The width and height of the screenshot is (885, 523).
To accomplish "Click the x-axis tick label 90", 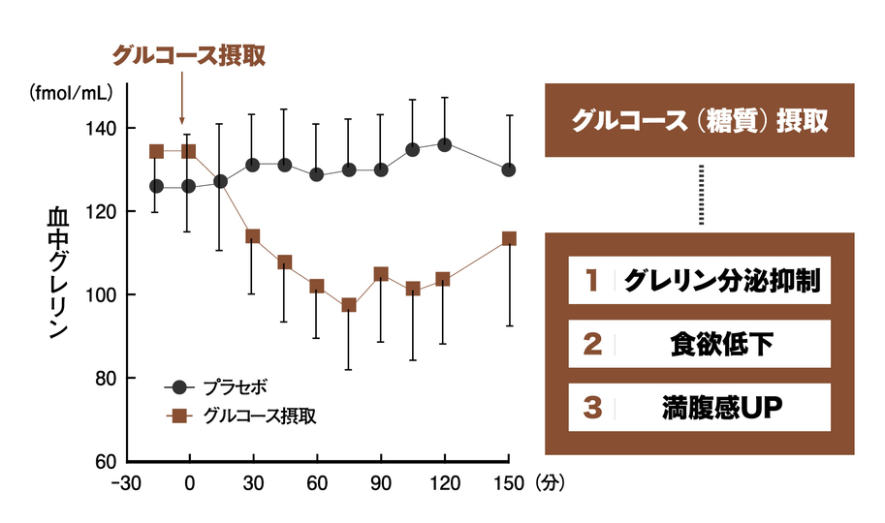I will coord(381,482).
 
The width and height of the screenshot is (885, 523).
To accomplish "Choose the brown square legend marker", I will coord(178,415).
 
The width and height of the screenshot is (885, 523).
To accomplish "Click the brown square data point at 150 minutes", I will coord(509,238).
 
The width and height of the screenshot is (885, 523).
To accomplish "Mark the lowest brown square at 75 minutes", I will coord(349,305).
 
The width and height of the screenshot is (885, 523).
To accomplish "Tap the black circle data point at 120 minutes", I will coord(444,144).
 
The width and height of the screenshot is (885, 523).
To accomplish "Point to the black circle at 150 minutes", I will coord(509,169).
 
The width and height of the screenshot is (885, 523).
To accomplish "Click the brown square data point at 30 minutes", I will coord(253,236).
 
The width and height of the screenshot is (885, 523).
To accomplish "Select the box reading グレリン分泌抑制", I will coord(699,281).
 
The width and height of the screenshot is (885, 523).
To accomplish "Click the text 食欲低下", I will coord(721,344).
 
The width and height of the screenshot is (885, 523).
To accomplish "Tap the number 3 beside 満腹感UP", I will coord(591,407).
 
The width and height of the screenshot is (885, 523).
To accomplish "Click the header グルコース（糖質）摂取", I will coord(699,120).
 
